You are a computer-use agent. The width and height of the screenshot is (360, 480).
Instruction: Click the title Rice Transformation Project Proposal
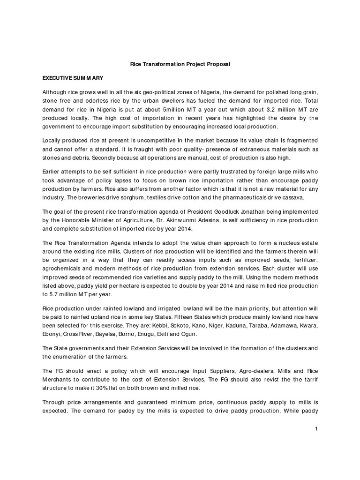click(x=180, y=64)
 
